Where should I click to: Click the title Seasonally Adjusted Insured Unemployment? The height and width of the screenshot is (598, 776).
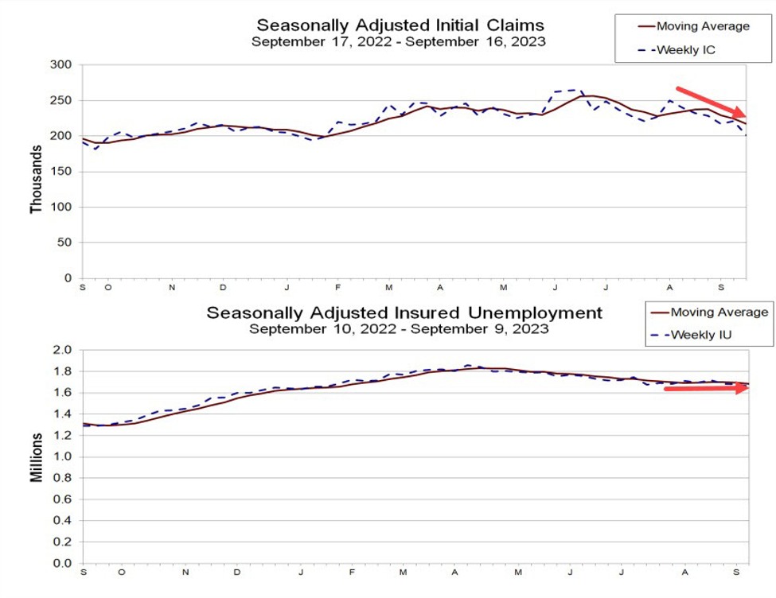(404, 312)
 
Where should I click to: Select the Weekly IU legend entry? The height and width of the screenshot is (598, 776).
(700, 334)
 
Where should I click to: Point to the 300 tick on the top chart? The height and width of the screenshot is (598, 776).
(63, 64)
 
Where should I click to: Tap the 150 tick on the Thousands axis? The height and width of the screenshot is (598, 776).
(63, 171)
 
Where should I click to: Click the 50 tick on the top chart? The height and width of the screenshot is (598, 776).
(66, 243)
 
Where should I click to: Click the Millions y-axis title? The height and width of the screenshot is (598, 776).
(37, 456)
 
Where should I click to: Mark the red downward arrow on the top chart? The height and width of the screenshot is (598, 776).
(711, 103)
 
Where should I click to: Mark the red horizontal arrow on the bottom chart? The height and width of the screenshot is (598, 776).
(707, 388)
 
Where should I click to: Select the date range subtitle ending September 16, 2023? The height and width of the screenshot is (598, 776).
(398, 41)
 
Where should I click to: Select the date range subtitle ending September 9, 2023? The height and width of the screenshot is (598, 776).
(398, 328)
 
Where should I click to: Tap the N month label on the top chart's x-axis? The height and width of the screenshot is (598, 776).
(172, 287)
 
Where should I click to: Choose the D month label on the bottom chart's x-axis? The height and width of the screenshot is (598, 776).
(236, 572)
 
